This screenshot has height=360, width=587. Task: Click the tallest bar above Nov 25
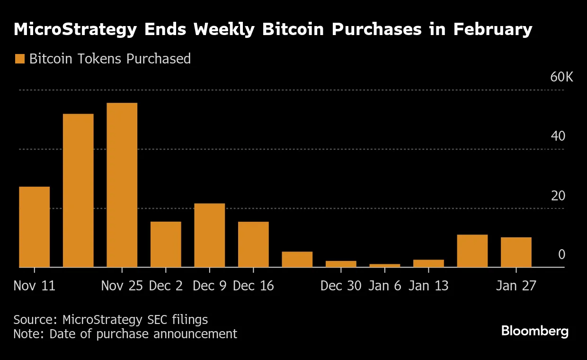coord(122,185)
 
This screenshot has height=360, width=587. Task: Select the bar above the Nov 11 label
coord(34,227)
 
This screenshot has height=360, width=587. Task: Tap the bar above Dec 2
coord(166,244)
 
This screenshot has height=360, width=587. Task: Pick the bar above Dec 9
coord(209,235)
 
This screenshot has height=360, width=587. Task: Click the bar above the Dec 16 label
coord(253,244)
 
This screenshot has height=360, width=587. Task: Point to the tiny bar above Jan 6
coord(384,266)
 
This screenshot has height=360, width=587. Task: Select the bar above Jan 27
coord(516,252)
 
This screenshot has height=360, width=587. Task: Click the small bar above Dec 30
coord(341,264)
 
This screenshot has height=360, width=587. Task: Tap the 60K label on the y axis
coord(561,77)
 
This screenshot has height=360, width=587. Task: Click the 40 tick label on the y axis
coord(558,136)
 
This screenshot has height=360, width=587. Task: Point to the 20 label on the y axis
coord(558,196)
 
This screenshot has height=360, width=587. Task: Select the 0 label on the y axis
coord(561,255)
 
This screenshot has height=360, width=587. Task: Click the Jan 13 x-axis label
coord(428,286)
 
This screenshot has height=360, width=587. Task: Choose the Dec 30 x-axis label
coord(341,286)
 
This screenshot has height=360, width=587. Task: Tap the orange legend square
coord(19,59)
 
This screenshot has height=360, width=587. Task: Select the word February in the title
coord(492,29)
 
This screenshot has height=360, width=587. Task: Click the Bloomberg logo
coord(535,331)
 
